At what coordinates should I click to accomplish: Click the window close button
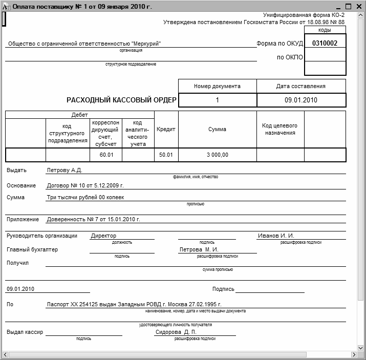359,7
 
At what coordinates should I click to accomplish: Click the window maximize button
349,7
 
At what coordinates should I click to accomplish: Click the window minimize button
338,7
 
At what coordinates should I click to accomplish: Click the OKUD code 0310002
325,44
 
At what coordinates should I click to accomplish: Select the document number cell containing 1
217,100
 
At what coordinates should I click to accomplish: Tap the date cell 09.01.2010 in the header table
301,100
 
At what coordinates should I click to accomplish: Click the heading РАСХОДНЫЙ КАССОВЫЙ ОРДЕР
122,100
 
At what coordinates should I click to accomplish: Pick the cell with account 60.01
106,155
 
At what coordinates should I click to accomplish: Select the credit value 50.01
166,155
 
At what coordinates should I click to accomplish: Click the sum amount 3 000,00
218,155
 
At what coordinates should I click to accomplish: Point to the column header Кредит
166,130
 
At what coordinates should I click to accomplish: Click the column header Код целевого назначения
279,129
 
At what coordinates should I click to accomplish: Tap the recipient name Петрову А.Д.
64,170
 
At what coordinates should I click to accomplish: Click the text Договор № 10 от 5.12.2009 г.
85,185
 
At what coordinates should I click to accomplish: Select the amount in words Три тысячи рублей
85,197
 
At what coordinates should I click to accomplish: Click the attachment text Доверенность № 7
93,219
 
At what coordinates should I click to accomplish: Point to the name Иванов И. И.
276,236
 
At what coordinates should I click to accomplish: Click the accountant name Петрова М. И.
203,249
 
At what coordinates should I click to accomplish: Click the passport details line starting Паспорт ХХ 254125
134,304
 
